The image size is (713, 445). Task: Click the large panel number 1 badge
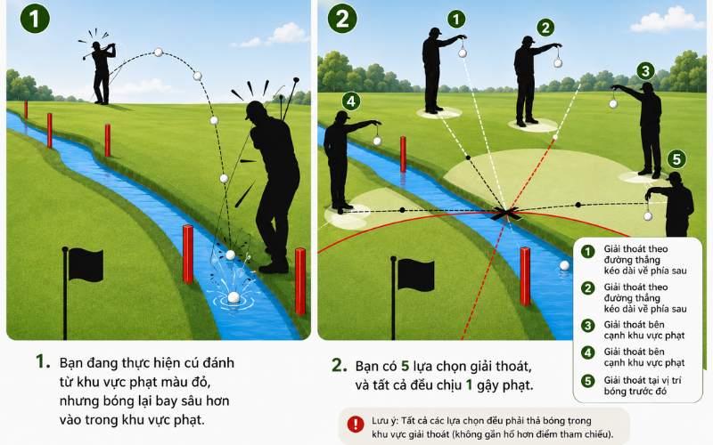[35, 19]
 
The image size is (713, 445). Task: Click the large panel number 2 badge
[342, 19]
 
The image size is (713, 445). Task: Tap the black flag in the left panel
[83, 264]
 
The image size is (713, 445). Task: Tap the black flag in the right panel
[413, 275]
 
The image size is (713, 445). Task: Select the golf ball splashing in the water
[234, 297]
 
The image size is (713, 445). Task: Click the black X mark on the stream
[505, 213]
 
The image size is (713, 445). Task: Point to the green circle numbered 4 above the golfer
[350, 101]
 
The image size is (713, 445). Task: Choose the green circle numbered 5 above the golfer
[676, 159]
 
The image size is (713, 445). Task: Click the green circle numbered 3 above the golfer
[645, 71]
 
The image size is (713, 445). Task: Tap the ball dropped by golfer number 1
[463, 53]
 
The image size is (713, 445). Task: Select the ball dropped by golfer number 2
[558, 63]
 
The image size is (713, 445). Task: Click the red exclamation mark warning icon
[355, 425]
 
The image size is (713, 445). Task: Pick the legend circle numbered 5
[588, 381]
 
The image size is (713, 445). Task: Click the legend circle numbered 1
[588, 252]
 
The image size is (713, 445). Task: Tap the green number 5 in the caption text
[405, 366]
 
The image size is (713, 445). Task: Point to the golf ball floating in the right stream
[564, 265]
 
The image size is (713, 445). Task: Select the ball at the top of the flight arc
[159, 53]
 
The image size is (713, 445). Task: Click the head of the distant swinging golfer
[96, 45]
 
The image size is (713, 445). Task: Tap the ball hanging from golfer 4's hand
[377, 142]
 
